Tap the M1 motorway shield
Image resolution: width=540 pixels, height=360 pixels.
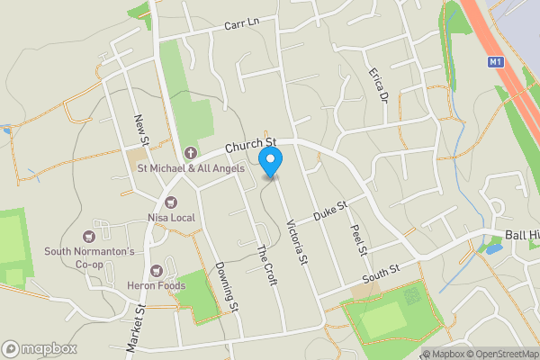(495, 62)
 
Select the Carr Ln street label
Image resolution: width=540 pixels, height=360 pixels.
(240, 23)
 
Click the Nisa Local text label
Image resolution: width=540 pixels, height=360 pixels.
(170, 218)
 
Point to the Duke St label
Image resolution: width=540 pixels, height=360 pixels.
(329, 212)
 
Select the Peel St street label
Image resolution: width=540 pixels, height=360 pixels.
(355, 239)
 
